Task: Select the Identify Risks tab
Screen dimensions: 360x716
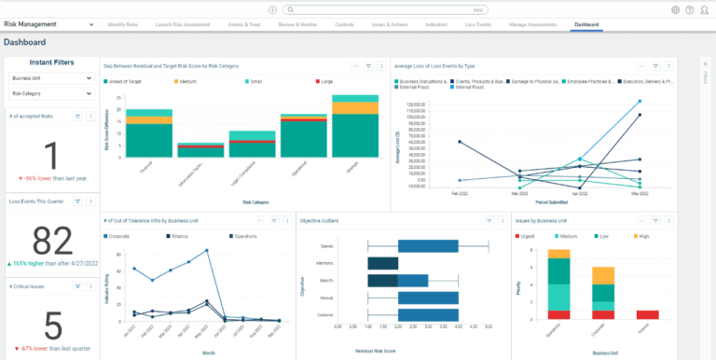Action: pos(124,23)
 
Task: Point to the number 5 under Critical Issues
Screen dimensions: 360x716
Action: pos(53,326)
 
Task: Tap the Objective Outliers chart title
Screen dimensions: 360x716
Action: pos(319,221)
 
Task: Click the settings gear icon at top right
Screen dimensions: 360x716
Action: pos(675,9)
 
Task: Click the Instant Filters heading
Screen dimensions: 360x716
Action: pos(53,62)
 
